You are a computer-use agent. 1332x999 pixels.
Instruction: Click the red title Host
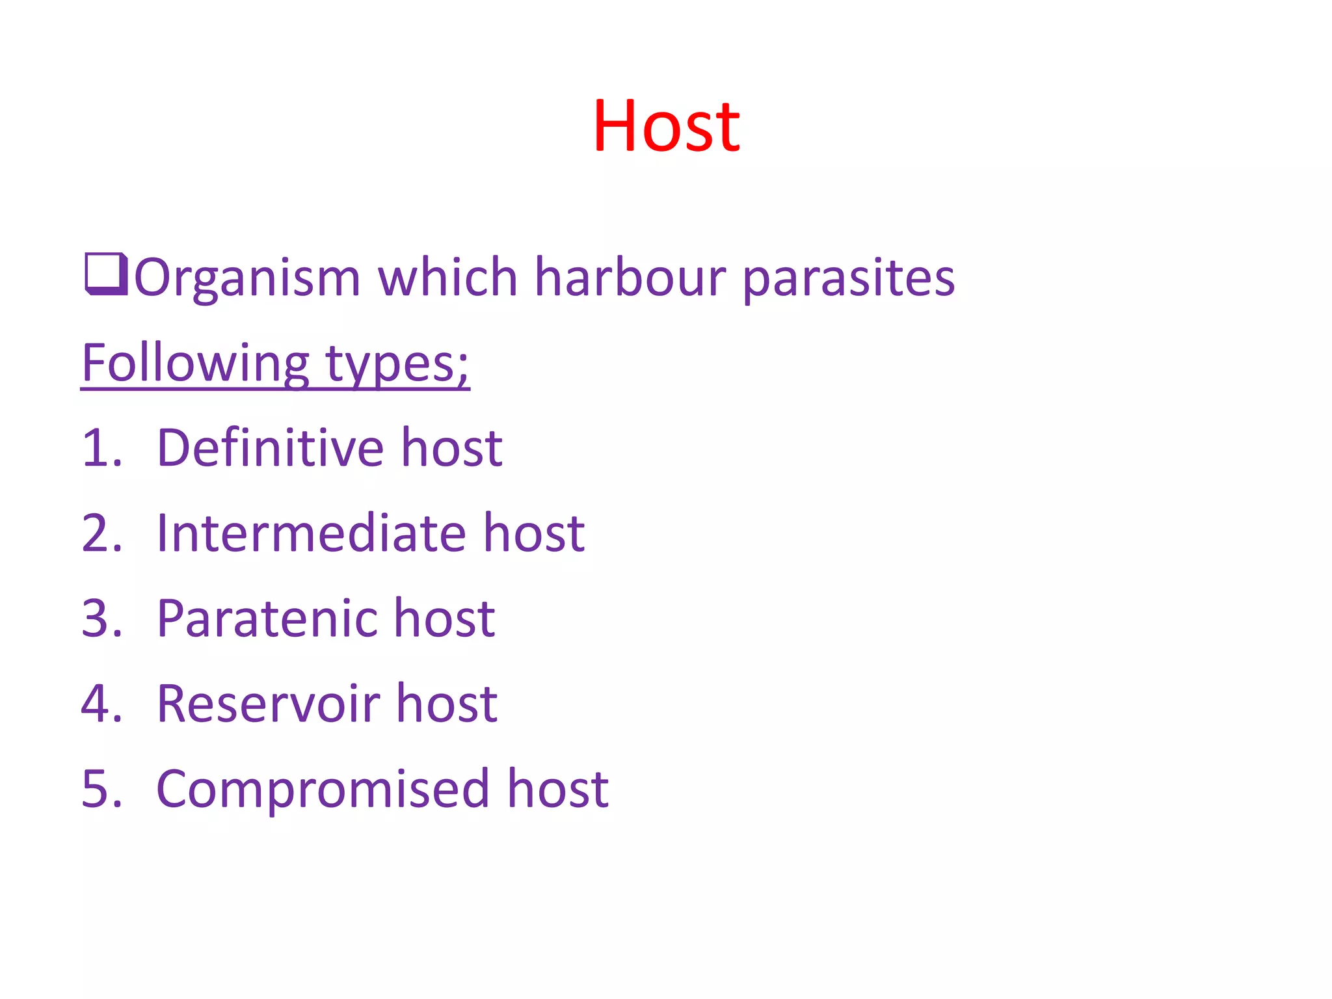(x=666, y=126)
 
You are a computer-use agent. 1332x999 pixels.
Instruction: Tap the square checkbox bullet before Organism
(x=105, y=275)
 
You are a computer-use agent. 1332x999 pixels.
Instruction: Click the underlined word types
(x=396, y=364)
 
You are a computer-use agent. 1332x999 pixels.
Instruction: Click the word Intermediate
(x=312, y=533)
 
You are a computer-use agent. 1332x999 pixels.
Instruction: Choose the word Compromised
(x=323, y=788)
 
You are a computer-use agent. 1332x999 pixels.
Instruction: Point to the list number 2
(x=101, y=533)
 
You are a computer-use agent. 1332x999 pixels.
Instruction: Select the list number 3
(x=101, y=618)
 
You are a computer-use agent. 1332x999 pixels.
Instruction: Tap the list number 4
(x=101, y=703)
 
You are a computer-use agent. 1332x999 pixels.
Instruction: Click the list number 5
(x=101, y=788)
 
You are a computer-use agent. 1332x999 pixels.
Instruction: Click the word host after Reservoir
(x=447, y=703)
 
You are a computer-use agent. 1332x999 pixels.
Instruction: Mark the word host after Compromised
(x=557, y=788)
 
